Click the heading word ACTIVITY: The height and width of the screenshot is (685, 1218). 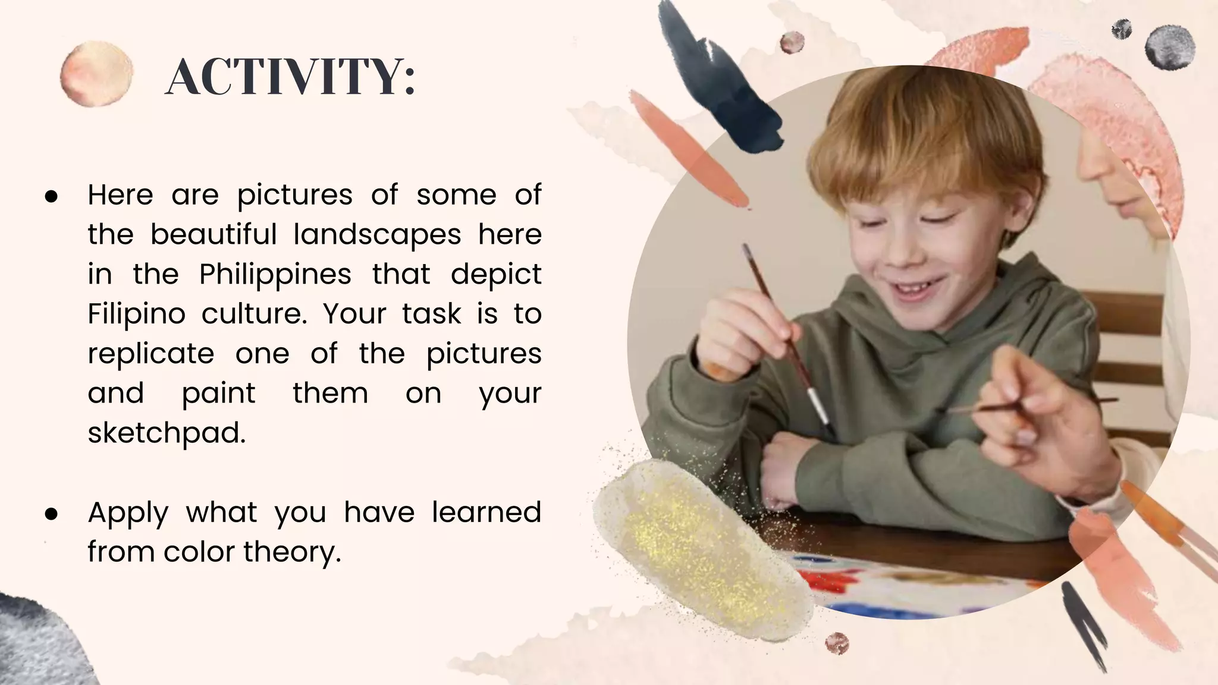pos(290,77)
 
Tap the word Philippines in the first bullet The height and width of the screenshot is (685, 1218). pos(275,275)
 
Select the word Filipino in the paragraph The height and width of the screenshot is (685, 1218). pos(136,314)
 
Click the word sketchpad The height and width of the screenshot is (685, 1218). pos(166,433)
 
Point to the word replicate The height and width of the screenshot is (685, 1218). pos(150,354)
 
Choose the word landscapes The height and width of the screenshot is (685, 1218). pos(377,235)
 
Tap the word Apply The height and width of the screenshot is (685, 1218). pos(128,513)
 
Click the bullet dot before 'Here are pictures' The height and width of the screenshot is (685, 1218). pos(51,196)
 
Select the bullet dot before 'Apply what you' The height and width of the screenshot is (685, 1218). pos(51,514)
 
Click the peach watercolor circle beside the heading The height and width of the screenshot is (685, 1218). pos(96,74)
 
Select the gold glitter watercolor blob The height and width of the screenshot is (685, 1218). pos(702,547)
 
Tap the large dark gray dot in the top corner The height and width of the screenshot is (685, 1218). pos(1170,48)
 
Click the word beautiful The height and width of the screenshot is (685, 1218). pos(214,235)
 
